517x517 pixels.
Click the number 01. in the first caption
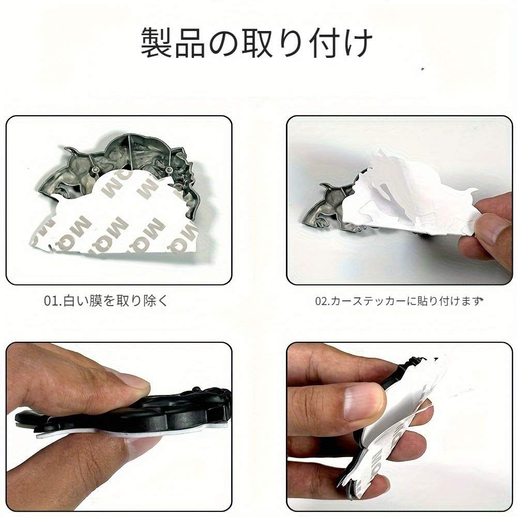point(53,301)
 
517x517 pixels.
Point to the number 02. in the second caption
point(323,301)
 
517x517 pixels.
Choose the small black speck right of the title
point(422,69)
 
